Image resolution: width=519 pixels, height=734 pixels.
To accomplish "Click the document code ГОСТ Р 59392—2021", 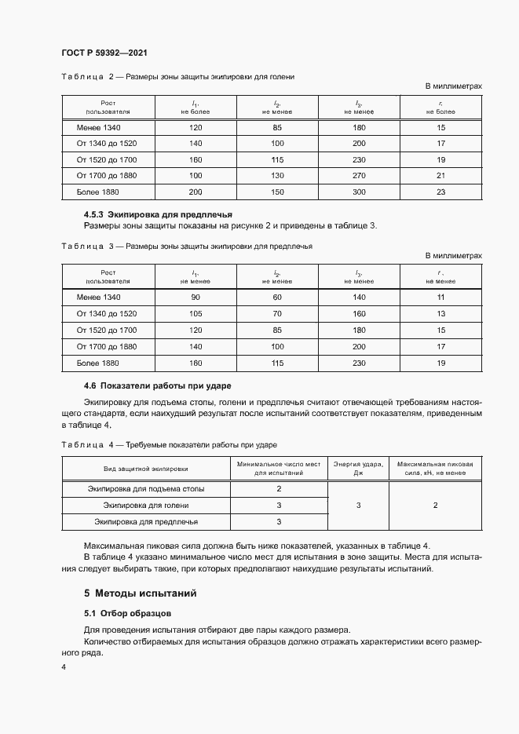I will coord(104,53).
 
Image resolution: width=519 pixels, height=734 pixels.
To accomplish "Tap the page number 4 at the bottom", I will coord(64,666).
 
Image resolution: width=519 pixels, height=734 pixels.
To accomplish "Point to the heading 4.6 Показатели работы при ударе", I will coord(157,385).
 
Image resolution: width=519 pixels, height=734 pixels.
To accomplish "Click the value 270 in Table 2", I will coord(359,175).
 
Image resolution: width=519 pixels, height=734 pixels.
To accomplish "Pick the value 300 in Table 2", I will coord(359,192).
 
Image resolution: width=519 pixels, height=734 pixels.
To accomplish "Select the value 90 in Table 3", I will coord(196,297).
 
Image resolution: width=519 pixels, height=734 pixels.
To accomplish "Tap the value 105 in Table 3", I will coord(196,313).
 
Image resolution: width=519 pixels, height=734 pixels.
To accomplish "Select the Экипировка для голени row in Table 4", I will coord(146,505).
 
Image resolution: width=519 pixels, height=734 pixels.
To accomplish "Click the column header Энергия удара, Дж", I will coord(358,469).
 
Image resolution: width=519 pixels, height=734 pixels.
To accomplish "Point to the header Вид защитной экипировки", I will coord(146,469).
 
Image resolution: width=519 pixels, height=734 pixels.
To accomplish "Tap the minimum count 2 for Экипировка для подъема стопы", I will coord(279,489).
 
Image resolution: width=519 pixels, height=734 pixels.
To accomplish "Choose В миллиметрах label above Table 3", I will coord(453,256).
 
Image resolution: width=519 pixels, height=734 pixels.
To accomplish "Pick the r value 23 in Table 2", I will coord(440,192).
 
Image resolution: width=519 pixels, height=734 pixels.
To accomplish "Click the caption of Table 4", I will coord(169,445).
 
